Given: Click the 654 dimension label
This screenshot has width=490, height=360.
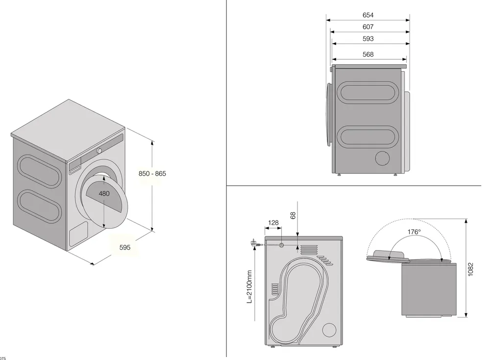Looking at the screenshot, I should (368, 15).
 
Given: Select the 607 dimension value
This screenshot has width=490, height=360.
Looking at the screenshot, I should (368, 27).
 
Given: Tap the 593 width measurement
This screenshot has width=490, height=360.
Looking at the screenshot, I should (368, 39).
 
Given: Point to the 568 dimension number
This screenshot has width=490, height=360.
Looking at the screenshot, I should (368, 54).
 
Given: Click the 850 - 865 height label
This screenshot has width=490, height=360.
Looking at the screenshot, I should (152, 174).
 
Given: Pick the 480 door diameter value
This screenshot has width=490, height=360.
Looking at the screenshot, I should (104, 194).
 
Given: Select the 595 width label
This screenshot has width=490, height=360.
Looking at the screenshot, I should (125, 248).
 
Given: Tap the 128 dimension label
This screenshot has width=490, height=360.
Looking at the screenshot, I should (273, 223).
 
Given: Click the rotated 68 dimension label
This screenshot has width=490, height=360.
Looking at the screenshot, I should (293, 216).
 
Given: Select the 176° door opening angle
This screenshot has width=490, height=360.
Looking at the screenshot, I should (414, 232).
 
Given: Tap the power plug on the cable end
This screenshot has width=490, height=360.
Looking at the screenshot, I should (254, 242).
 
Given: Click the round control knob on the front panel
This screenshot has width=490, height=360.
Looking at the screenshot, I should (99, 151).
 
